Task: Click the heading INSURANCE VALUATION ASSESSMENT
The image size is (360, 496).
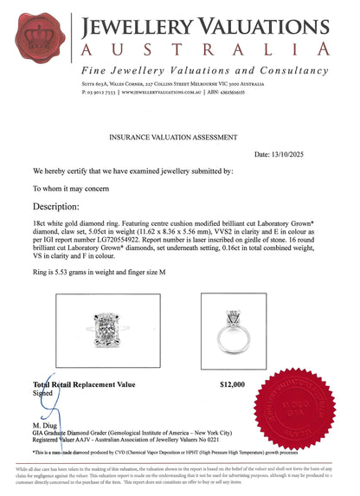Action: coord(180,137)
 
